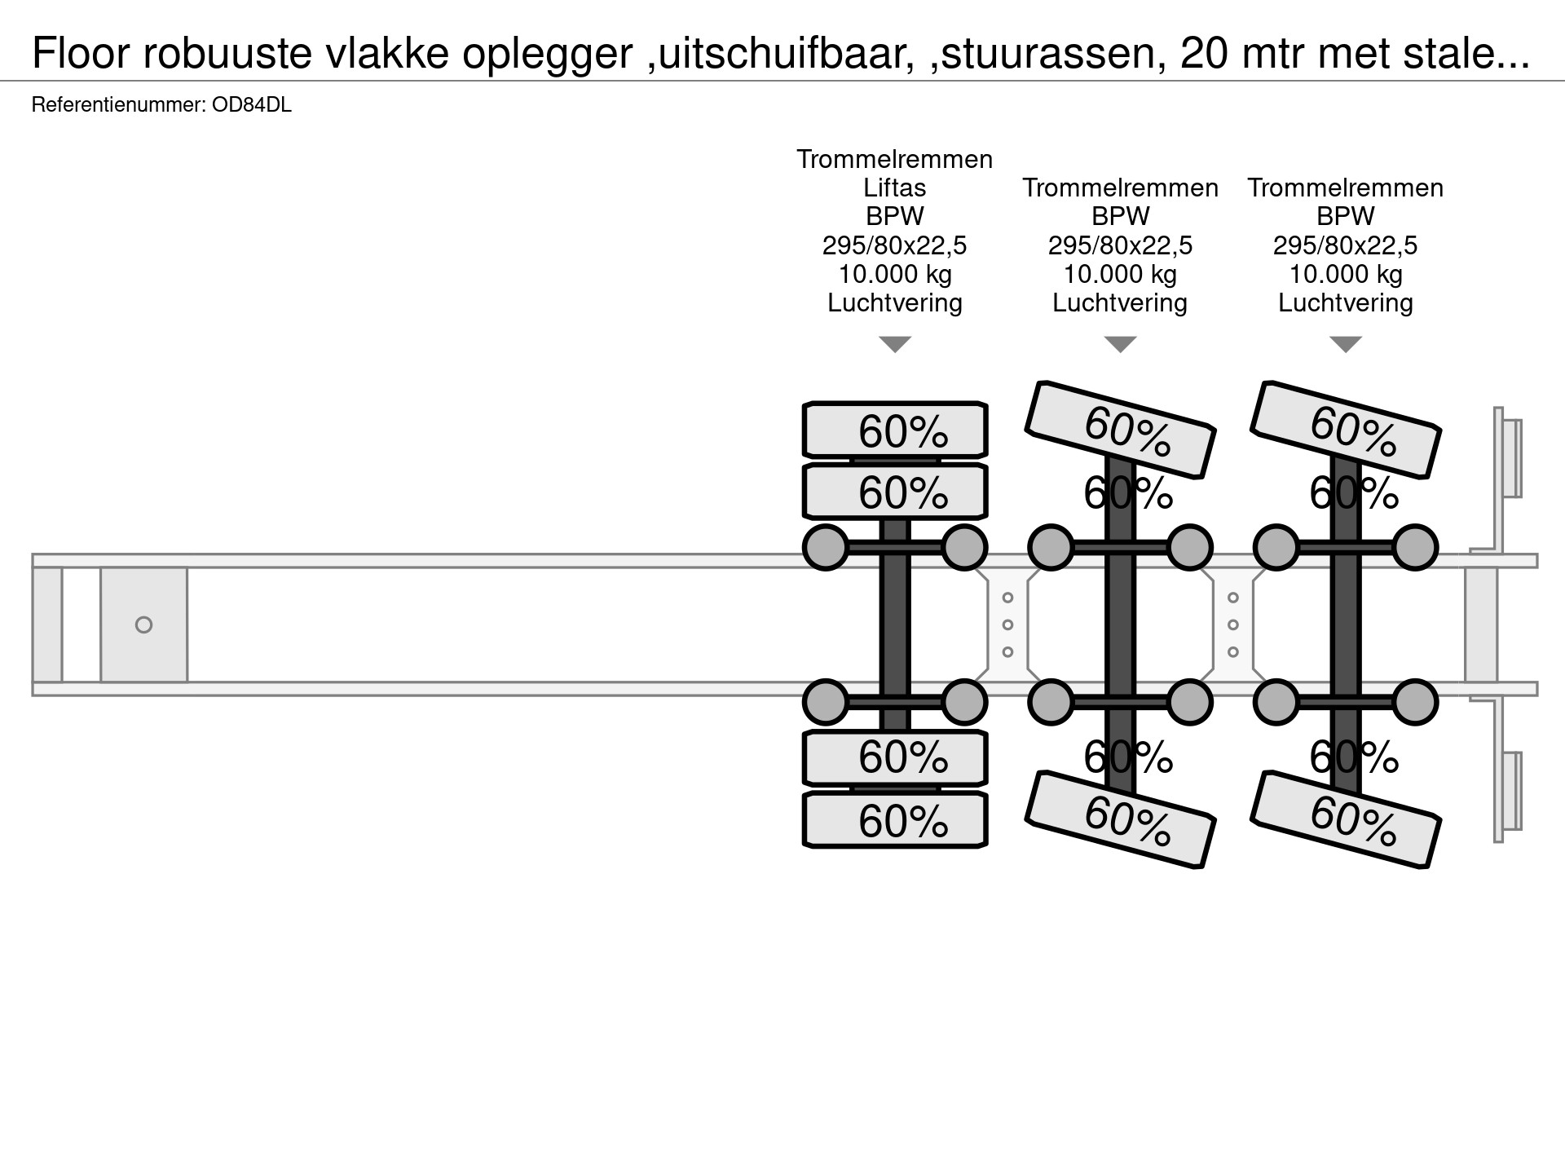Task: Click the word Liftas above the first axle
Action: [x=894, y=188]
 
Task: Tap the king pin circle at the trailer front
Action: [x=143, y=625]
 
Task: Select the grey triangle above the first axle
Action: [x=894, y=344]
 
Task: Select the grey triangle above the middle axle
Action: [x=1120, y=344]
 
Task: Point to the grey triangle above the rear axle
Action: [x=1345, y=344]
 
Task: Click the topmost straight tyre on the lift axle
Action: [x=895, y=430]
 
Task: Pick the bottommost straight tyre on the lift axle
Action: [x=895, y=819]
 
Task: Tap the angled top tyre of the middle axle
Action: [x=1121, y=429]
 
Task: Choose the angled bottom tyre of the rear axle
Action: [x=1346, y=819]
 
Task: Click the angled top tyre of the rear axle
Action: [x=1346, y=429]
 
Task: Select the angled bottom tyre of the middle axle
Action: [x=1121, y=819]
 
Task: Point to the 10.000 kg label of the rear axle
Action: [x=1345, y=274]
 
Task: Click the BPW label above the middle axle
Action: [x=1120, y=216]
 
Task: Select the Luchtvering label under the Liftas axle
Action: [x=894, y=302]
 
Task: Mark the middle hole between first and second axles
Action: [x=1007, y=625]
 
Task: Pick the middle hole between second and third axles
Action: [x=1232, y=625]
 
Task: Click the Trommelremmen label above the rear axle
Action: [x=1345, y=188]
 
